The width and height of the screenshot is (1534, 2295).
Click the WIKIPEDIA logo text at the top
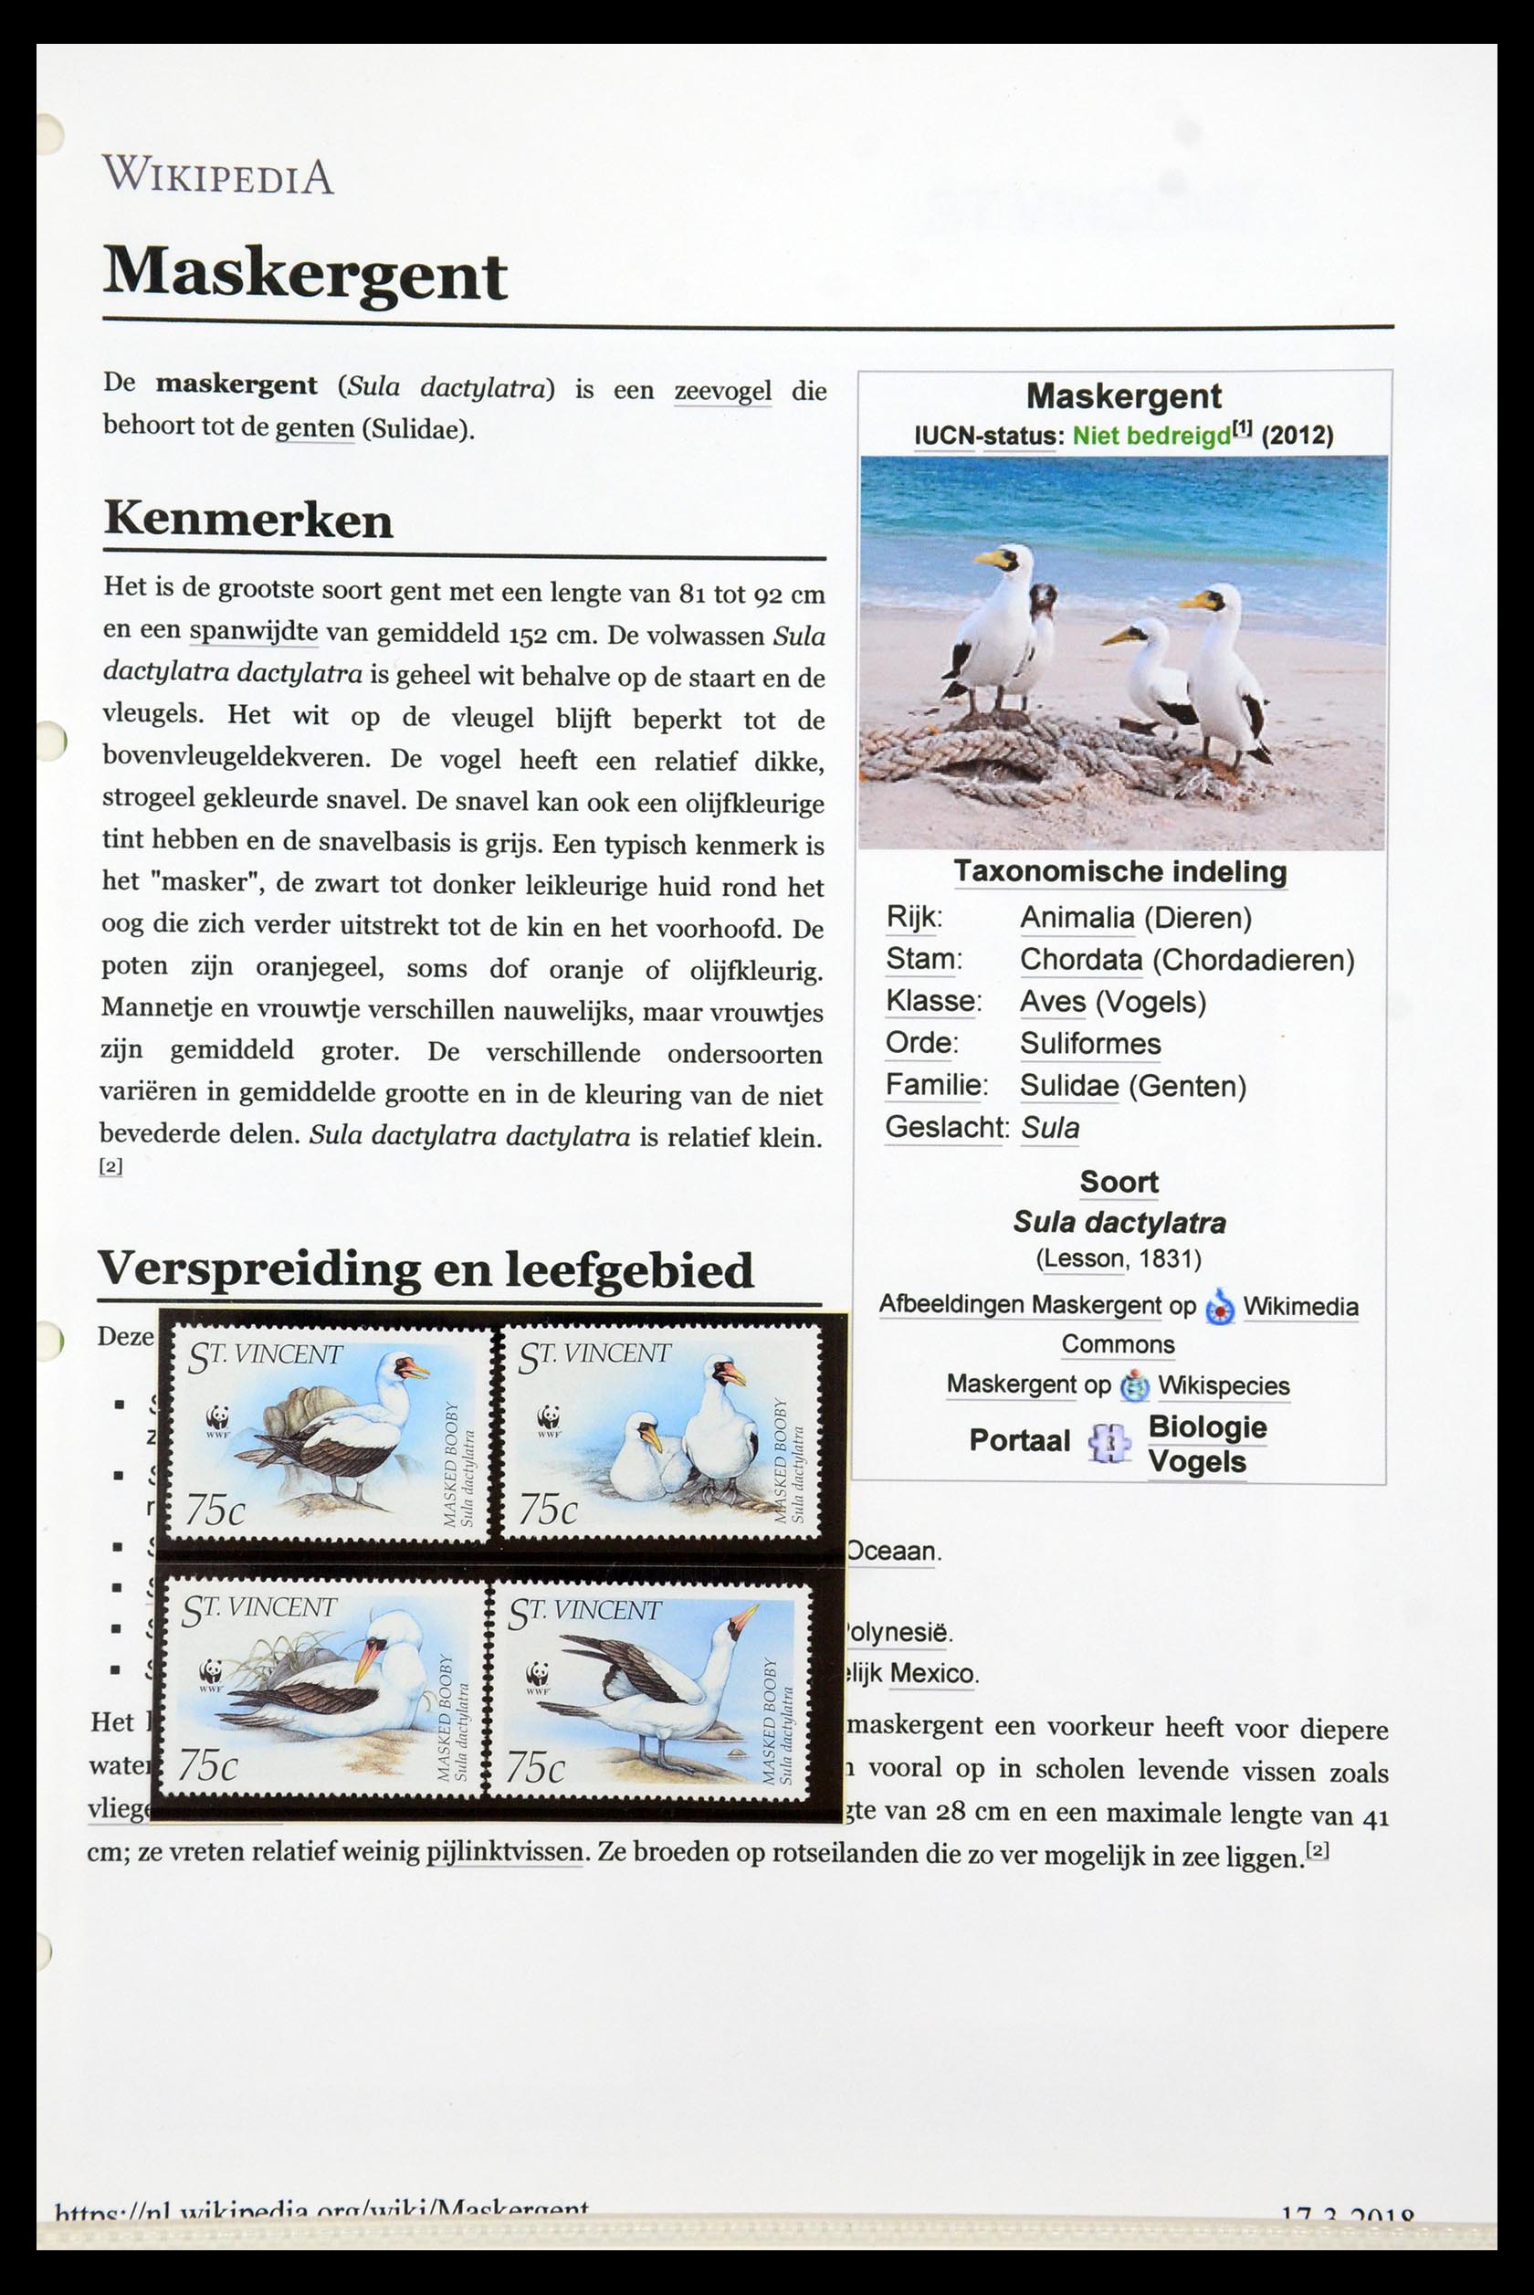coord(218,176)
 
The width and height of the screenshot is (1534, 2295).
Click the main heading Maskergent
coord(304,273)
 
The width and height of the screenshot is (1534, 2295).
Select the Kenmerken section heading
coord(247,519)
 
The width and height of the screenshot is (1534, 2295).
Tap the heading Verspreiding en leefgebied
coord(426,1269)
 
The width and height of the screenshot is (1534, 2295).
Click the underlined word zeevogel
coord(722,391)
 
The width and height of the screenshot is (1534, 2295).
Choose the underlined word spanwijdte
coord(254,632)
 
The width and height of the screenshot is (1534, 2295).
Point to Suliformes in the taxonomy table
coord(1090,1044)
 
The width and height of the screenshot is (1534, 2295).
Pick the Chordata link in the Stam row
coord(1080,960)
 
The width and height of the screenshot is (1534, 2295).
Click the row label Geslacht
coord(945,1128)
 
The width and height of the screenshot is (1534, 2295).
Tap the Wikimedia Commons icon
coord(1220,1307)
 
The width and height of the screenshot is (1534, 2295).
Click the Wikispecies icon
coord(1135,1385)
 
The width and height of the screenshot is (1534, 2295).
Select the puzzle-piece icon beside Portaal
coord(1108,1442)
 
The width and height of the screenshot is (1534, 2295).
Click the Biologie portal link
coord(1207,1427)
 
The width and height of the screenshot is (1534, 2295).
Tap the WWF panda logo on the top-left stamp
coord(215,1418)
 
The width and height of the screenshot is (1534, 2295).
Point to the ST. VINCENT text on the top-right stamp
coord(594,1355)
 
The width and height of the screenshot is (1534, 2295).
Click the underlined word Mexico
coord(931,1674)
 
